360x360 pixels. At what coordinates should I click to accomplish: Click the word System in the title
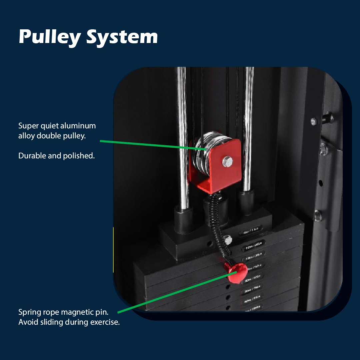pyautogui.click(x=122, y=37)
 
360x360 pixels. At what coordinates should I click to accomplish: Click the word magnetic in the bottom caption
pyautogui.click(x=78, y=313)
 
